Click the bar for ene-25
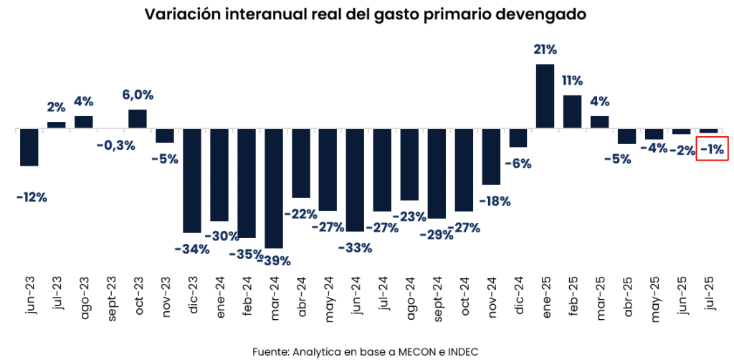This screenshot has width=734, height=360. (545, 97)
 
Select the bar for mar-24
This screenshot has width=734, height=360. (274, 189)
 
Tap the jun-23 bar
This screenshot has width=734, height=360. (29, 148)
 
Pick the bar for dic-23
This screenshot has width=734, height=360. (192, 181)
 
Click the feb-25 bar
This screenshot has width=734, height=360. (572, 112)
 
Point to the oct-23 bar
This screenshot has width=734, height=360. (138, 119)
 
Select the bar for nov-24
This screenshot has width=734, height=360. (491, 157)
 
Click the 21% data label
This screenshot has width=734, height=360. (545, 49)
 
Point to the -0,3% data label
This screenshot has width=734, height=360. (115, 146)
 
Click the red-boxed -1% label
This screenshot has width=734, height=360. (712, 149)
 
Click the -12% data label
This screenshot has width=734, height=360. (31, 196)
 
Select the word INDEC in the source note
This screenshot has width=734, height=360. (461, 351)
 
